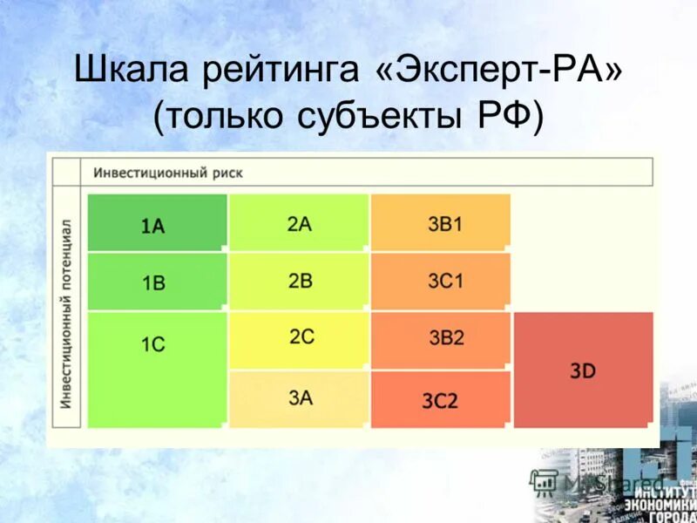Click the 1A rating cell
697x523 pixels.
click(157, 223)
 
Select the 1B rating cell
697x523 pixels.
click(157, 282)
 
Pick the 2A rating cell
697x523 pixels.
click(299, 223)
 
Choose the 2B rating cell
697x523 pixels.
click(299, 281)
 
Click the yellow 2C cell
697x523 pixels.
click(299, 339)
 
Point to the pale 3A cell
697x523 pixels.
click(299, 398)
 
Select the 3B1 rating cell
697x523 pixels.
click(441, 223)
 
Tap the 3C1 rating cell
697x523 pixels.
click(441, 281)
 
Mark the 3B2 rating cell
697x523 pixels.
click(441, 339)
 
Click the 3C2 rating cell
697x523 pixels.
click(441, 400)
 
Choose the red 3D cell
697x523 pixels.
click(584, 370)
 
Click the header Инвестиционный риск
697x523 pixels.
click(168, 173)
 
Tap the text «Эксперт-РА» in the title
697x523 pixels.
click(500, 70)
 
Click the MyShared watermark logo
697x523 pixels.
click(601, 480)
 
